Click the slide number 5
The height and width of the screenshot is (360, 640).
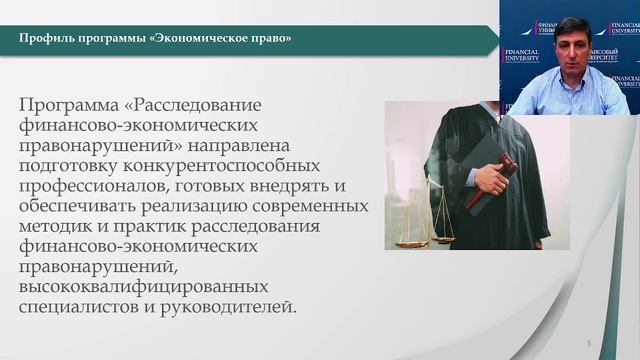pyautogui.click(x=589, y=343)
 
